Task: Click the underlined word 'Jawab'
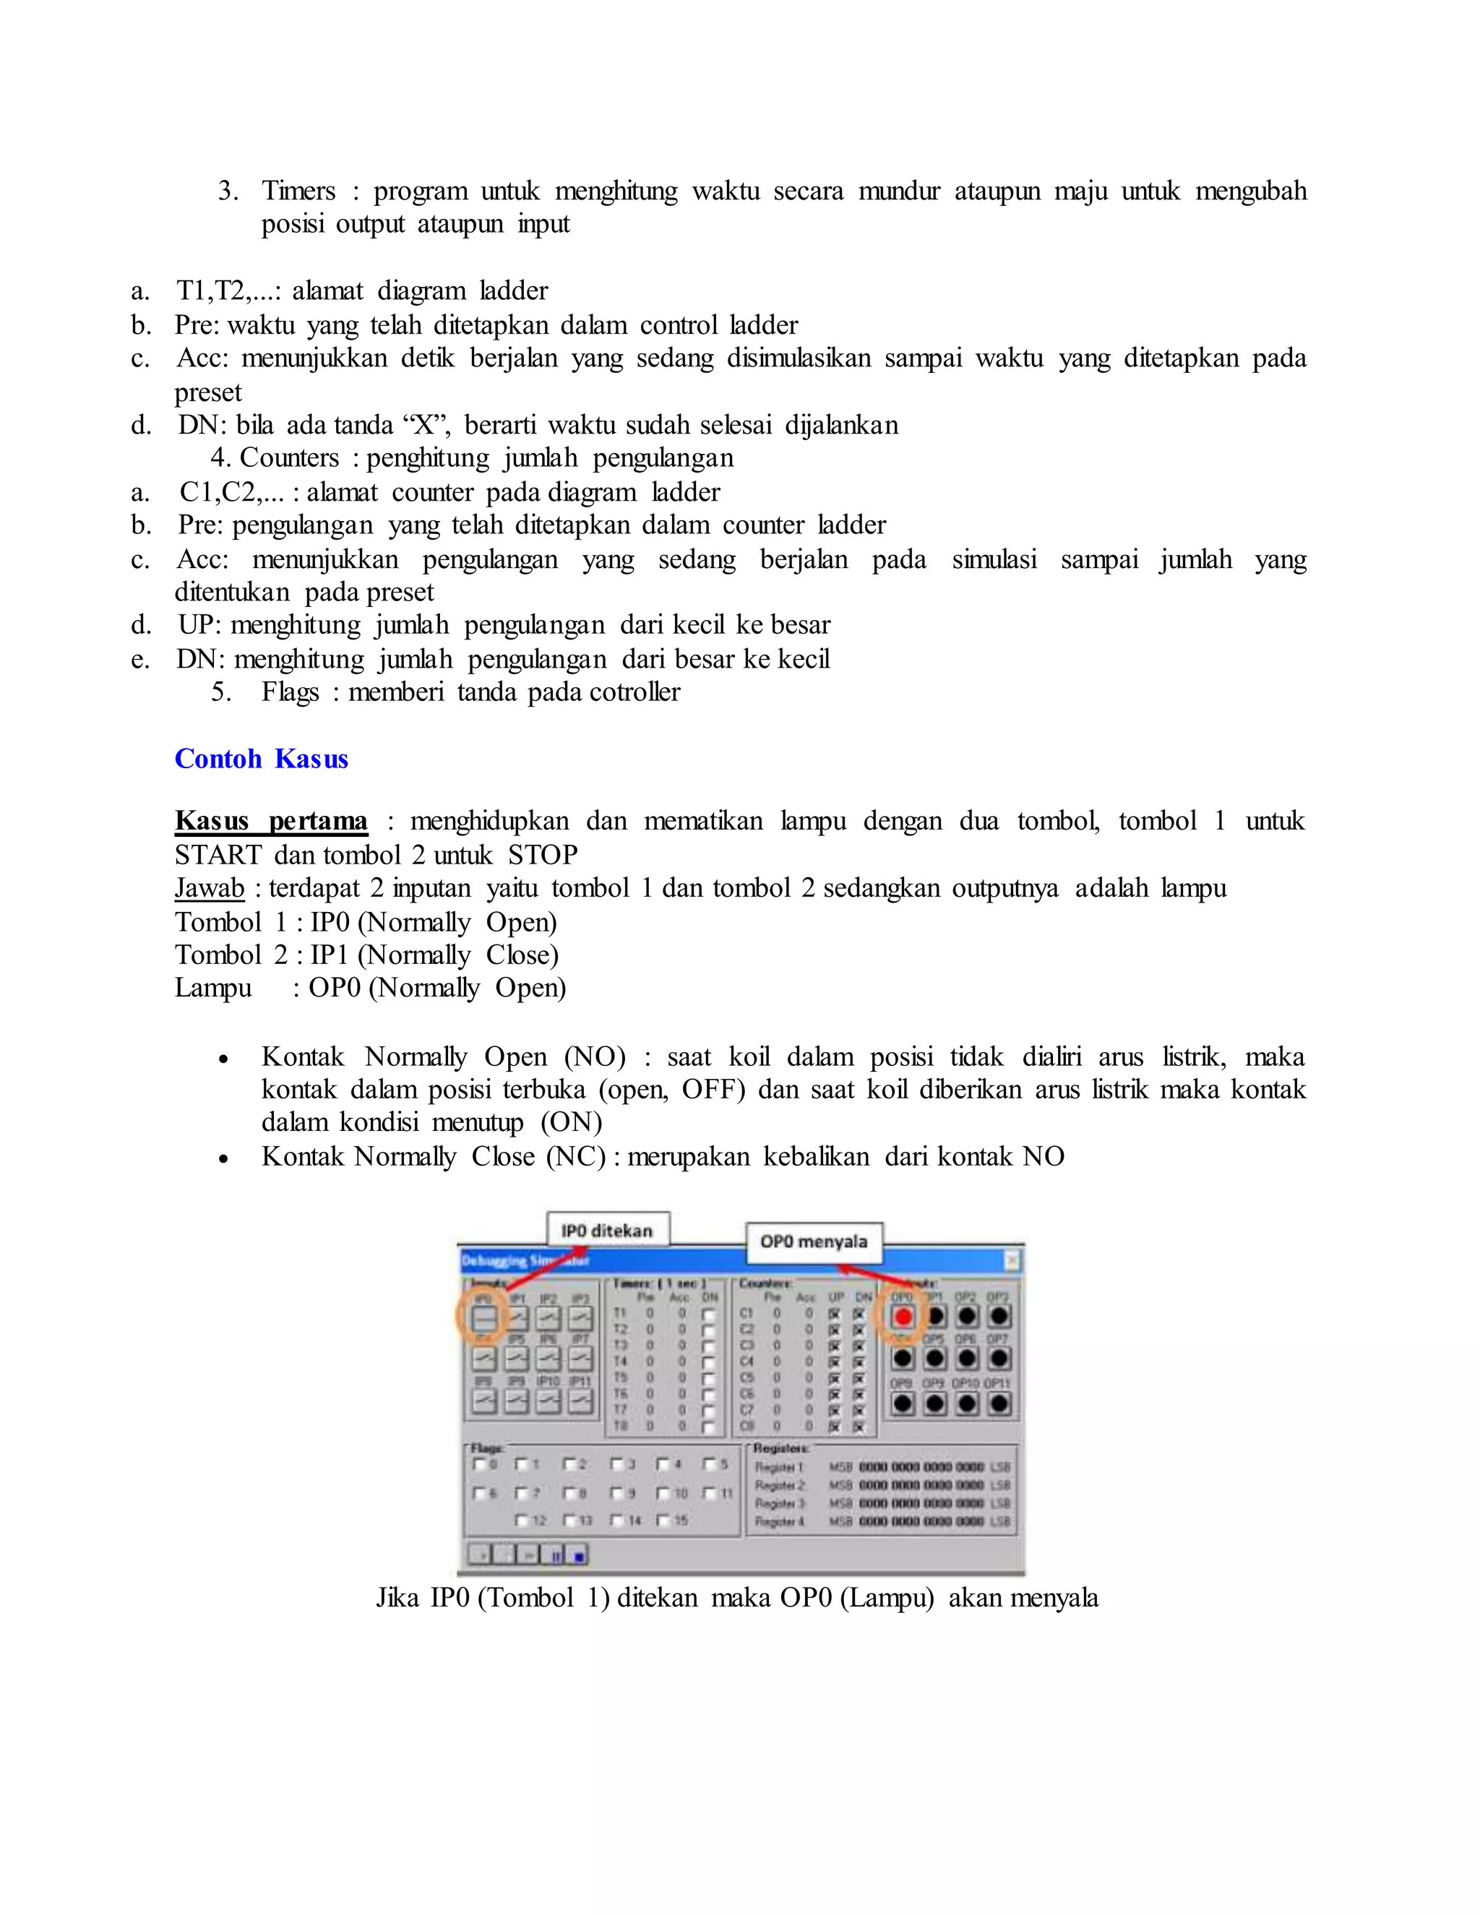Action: click(209, 888)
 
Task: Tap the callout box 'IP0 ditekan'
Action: click(607, 1230)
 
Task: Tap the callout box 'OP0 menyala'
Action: click(814, 1241)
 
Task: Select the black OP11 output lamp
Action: click(999, 1404)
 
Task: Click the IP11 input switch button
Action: click(580, 1401)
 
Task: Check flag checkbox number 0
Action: click(478, 1463)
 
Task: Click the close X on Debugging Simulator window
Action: click(1011, 1261)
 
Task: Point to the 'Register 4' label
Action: click(780, 1521)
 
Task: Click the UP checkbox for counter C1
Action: click(835, 1314)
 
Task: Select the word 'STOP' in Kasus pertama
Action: click(542, 855)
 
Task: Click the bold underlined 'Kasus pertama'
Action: click(271, 821)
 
